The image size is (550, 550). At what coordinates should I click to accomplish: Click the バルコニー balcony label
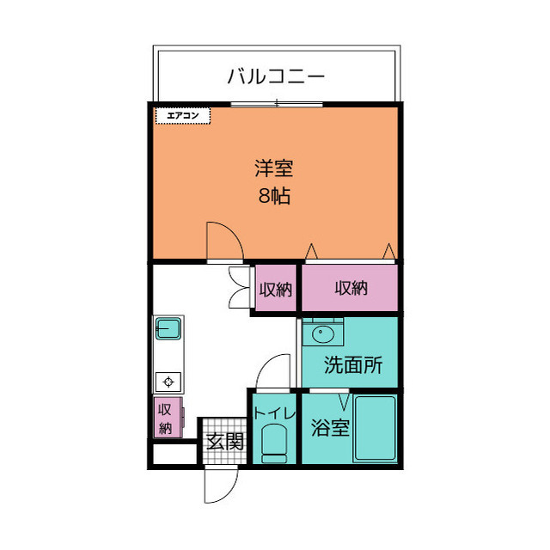pyautogui.click(x=276, y=76)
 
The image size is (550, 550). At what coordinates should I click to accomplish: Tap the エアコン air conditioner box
pyautogui.click(x=183, y=115)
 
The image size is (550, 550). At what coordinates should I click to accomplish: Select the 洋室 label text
pyautogui.click(x=275, y=167)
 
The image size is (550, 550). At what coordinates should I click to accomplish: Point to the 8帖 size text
pyautogui.click(x=275, y=196)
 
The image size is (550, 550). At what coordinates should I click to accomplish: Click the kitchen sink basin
pyautogui.click(x=167, y=328)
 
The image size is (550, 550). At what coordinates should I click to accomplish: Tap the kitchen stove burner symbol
pyautogui.click(x=167, y=382)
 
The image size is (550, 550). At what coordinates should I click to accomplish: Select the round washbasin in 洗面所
pyautogui.click(x=324, y=334)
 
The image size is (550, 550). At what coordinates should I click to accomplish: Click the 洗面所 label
pyautogui.click(x=352, y=364)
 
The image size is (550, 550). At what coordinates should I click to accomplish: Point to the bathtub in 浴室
pyautogui.click(x=375, y=427)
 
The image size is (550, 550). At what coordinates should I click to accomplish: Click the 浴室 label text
pyautogui.click(x=330, y=427)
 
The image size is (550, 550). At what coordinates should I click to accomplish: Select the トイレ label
pyautogui.click(x=274, y=413)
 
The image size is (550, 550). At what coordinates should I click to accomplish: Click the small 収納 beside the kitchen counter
pyautogui.click(x=166, y=418)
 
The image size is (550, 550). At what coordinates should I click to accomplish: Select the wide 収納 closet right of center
pyautogui.click(x=351, y=289)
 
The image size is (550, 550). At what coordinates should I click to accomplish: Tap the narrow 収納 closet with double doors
pyautogui.click(x=275, y=290)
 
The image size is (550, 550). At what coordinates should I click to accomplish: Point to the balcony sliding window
pyautogui.click(x=277, y=104)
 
